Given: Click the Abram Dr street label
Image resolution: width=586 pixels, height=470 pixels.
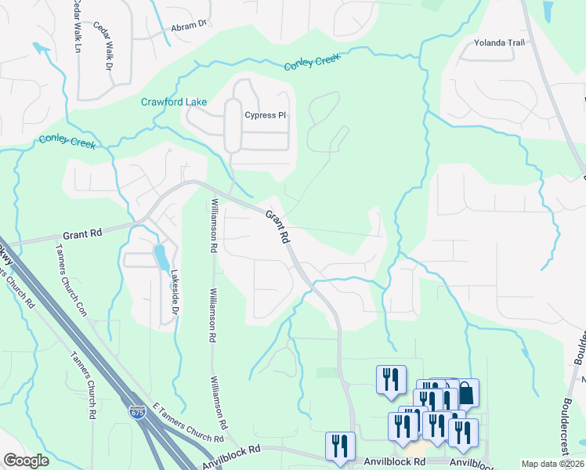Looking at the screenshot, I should pos(189,25).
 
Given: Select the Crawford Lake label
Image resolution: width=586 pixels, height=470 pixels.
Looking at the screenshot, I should pos(174,102).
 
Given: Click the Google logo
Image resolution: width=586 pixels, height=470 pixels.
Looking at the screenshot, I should pos(26,461).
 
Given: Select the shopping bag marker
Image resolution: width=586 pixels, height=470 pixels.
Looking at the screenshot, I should pos(465,392).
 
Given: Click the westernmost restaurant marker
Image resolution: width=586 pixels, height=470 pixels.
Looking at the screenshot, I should pos(340,446).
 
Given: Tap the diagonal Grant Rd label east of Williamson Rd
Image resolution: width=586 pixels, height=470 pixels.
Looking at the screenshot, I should pos(277,226).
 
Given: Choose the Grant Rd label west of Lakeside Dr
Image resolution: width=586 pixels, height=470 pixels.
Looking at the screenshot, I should pos(82,234).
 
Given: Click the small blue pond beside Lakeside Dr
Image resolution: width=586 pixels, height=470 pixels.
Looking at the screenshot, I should pos(160,256).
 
